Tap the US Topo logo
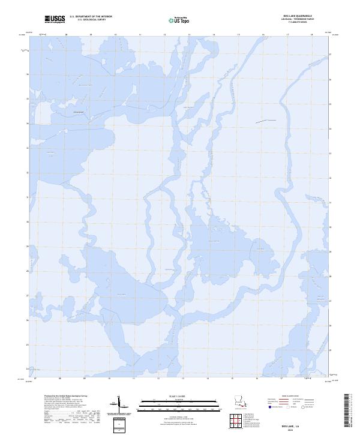tap(181, 20)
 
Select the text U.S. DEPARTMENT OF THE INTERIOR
tap(91, 16)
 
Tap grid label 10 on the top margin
tap(115, 35)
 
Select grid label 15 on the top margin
tap(238, 35)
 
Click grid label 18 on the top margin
tap(312, 35)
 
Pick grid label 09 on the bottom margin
tap(85, 379)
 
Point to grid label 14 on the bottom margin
tap(208, 379)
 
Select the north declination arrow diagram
tap(119, 405)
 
